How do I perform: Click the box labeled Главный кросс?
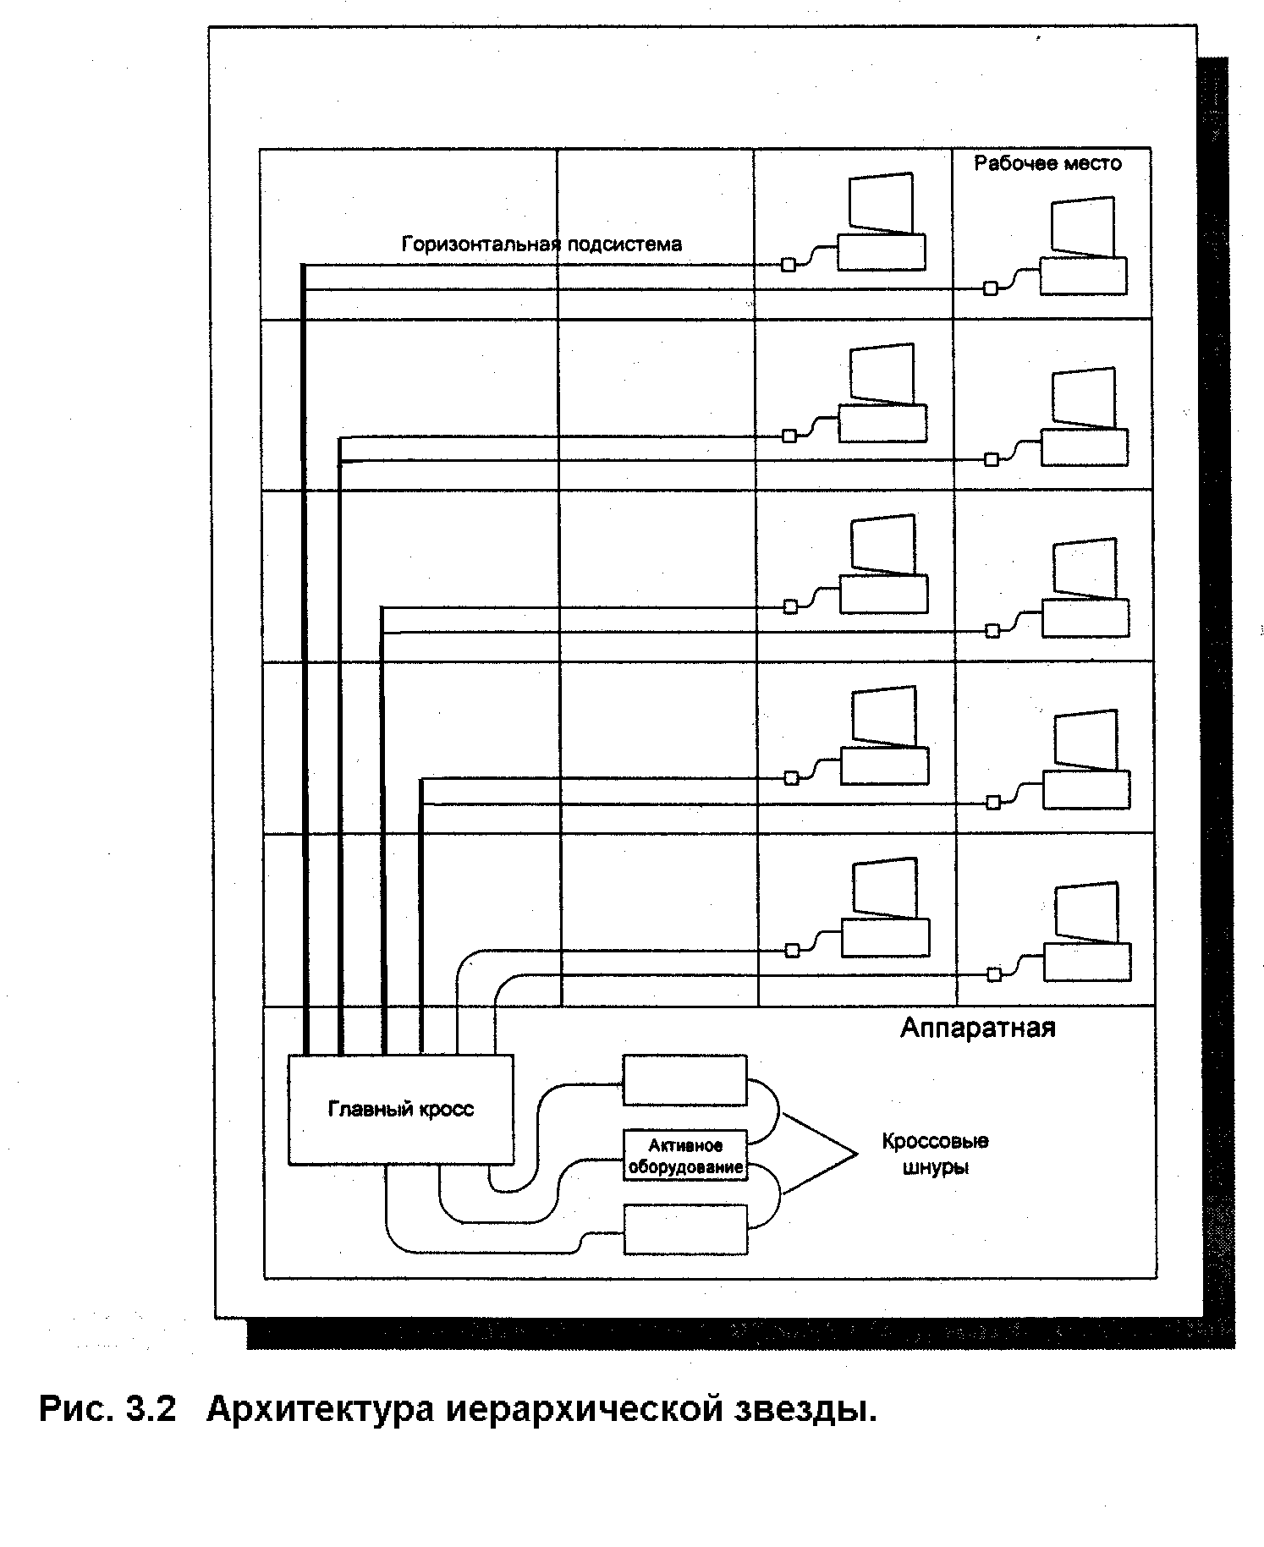click(400, 1108)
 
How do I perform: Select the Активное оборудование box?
click(685, 1155)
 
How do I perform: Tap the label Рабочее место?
click(1047, 163)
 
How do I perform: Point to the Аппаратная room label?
click(977, 1028)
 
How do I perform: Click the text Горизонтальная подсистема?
click(541, 244)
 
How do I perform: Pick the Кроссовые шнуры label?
click(935, 1154)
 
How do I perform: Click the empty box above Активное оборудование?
click(685, 1079)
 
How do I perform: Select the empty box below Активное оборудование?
click(685, 1230)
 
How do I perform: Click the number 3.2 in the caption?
click(151, 1410)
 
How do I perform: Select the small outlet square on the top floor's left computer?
click(789, 265)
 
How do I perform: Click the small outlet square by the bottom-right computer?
click(995, 974)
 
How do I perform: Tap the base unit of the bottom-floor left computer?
click(885, 937)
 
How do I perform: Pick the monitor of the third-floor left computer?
click(882, 544)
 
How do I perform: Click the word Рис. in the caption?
click(74, 1410)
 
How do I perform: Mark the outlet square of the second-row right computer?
click(992, 459)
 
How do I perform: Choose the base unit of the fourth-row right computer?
click(1085, 789)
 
